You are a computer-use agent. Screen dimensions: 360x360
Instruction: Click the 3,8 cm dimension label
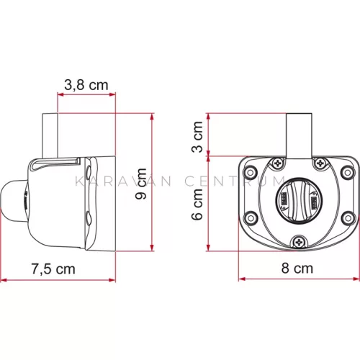click(x=86, y=85)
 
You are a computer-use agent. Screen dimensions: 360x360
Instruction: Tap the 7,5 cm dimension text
click(x=53, y=269)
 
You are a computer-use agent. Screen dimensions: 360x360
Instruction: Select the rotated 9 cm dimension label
click(x=141, y=184)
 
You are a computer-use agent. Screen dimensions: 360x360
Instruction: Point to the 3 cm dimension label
click(x=197, y=137)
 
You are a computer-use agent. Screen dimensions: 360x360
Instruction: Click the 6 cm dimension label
click(x=197, y=204)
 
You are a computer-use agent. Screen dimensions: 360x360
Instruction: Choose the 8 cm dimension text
click(x=297, y=268)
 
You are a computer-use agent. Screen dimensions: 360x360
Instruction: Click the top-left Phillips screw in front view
click(x=278, y=163)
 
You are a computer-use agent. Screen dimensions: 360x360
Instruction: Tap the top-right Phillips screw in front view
click(x=320, y=163)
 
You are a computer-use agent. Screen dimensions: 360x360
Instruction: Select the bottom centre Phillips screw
click(x=299, y=243)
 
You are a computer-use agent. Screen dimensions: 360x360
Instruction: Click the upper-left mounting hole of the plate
click(x=250, y=173)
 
